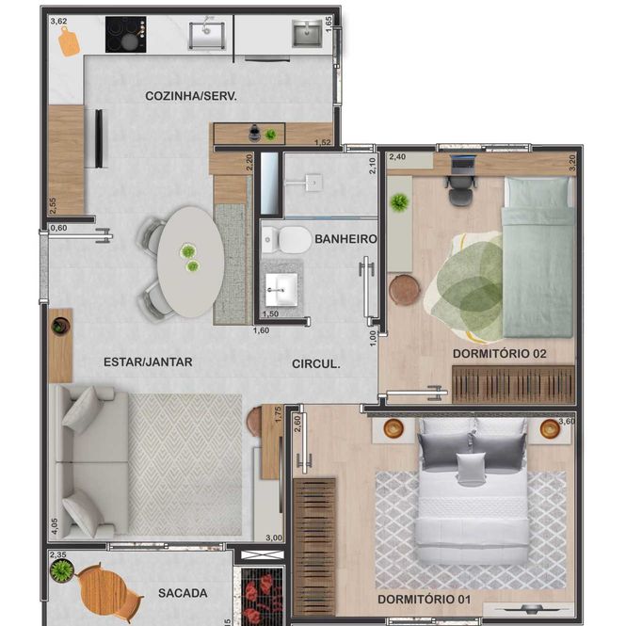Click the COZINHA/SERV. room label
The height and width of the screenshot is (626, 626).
pos(191,96)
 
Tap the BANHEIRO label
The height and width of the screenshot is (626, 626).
pos(345,239)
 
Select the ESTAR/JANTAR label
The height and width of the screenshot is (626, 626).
pos(148,362)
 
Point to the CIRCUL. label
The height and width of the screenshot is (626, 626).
pos(315,364)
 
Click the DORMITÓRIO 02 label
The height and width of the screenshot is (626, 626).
pos(500,354)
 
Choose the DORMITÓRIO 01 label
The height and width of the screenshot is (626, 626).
pos(424,600)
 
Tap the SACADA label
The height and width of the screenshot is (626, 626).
pos(183,593)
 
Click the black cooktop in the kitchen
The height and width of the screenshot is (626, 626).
pos(126,34)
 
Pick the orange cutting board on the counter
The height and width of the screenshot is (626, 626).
pos(69,41)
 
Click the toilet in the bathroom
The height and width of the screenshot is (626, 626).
pos(287,240)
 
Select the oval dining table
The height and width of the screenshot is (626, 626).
pos(190,262)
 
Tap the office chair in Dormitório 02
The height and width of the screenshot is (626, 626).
pos(461,190)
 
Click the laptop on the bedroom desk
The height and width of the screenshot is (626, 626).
pos(463,165)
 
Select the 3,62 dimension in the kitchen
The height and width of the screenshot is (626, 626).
pos(58,21)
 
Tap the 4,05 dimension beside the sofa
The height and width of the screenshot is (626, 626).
pos(55,526)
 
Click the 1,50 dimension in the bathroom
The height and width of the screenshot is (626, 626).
pos(270,313)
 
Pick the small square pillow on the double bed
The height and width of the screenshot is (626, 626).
pos(471,468)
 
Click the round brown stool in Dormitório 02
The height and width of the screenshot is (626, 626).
pos(405,290)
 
